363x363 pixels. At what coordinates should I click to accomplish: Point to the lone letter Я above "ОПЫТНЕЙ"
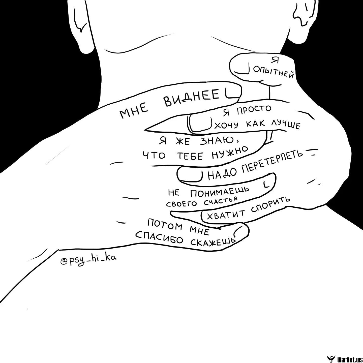pos(275,60)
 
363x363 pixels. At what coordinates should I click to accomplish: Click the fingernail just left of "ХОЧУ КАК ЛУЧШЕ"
pos(200,123)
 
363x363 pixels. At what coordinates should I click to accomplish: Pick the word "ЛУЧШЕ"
pos(285,124)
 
